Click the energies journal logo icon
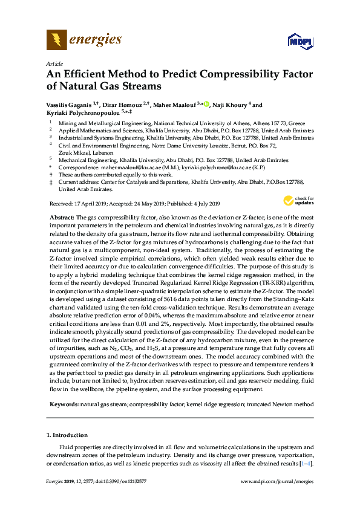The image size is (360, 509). click(56, 41)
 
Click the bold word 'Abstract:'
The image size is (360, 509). click(62, 216)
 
